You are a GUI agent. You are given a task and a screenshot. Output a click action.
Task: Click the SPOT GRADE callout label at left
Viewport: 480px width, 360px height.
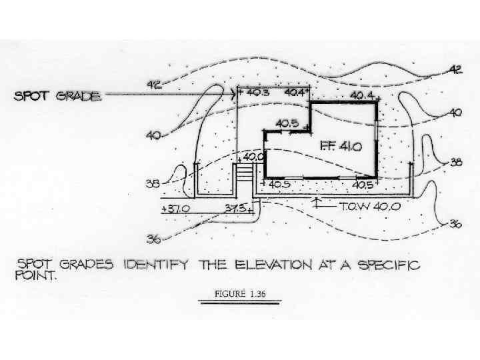tap(59, 96)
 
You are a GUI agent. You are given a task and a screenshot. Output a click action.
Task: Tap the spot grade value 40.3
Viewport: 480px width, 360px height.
tap(257, 93)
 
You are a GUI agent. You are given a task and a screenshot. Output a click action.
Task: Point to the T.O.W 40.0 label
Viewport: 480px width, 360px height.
tap(370, 207)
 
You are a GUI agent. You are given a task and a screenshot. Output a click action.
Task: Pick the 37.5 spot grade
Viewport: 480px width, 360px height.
tap(237, 208)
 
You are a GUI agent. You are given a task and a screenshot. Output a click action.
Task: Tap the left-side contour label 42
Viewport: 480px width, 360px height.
tap(153, 84)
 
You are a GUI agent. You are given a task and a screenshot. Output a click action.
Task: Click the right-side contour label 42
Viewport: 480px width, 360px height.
tap(455, 69)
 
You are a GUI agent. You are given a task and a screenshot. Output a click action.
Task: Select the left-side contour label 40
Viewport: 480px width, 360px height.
tap(153, 135)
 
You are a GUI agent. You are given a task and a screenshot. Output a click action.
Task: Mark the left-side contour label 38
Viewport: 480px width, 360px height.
tap(153, 183)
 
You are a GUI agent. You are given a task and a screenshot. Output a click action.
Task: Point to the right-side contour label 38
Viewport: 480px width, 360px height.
tap(455, 162)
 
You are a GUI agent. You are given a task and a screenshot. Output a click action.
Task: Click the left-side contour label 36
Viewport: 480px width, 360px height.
tap(153, 238)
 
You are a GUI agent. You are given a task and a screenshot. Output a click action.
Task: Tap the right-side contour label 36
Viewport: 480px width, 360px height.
tap(455, 224)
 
